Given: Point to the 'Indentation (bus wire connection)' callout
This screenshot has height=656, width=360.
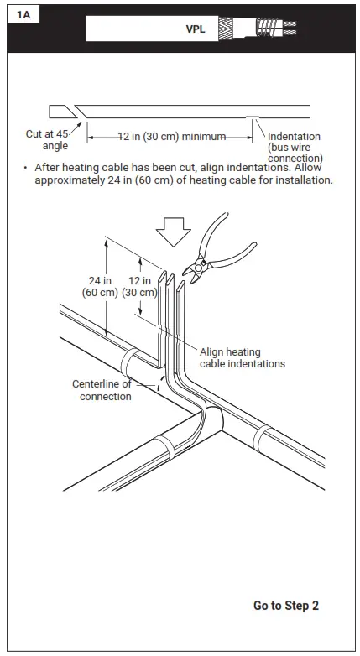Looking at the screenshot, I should coord(295,147).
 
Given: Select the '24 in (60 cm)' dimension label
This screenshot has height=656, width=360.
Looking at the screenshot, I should coord(102,287).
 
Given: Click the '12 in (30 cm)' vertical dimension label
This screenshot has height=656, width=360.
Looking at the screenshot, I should coord(140,287).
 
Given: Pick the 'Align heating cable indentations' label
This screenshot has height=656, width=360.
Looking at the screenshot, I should coord(242,357).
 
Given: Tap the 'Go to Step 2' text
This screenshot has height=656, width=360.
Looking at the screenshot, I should coord(285,605).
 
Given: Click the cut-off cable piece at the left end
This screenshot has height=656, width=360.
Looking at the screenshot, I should coord(60,112).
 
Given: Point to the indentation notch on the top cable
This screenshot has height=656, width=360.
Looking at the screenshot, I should coord(252,117).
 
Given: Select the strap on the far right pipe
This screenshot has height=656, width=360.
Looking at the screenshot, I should coord(261,438).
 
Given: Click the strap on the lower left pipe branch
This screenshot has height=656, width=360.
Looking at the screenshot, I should coord(161,448).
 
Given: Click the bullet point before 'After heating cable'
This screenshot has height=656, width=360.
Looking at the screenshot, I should coord(26,168).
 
